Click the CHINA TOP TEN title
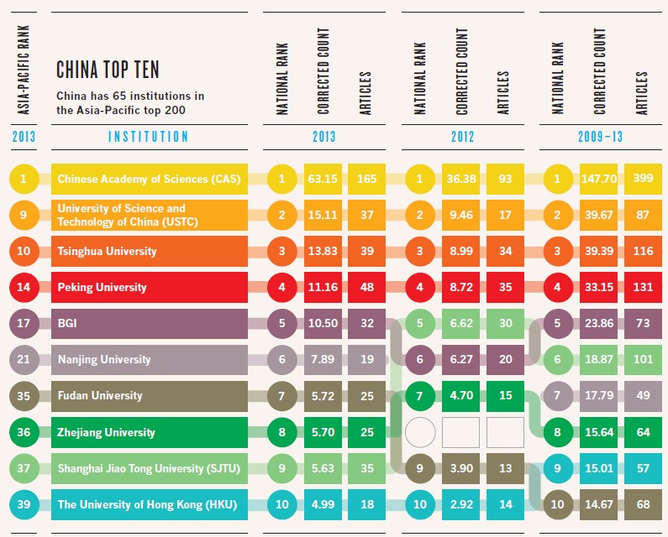tap(107, 68)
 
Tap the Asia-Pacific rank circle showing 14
tap(24, 287)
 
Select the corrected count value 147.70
tap(600, 179)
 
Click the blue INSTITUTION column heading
tap(149, 136)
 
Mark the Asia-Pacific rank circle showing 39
tap(24, 503)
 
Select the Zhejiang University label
tap(106, 432)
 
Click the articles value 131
tap(643, 287)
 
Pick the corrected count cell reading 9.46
tap(462, 214)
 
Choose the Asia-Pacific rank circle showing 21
tap(24, 359)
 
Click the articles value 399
tap(643, 179)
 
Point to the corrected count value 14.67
tap(600, 503)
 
